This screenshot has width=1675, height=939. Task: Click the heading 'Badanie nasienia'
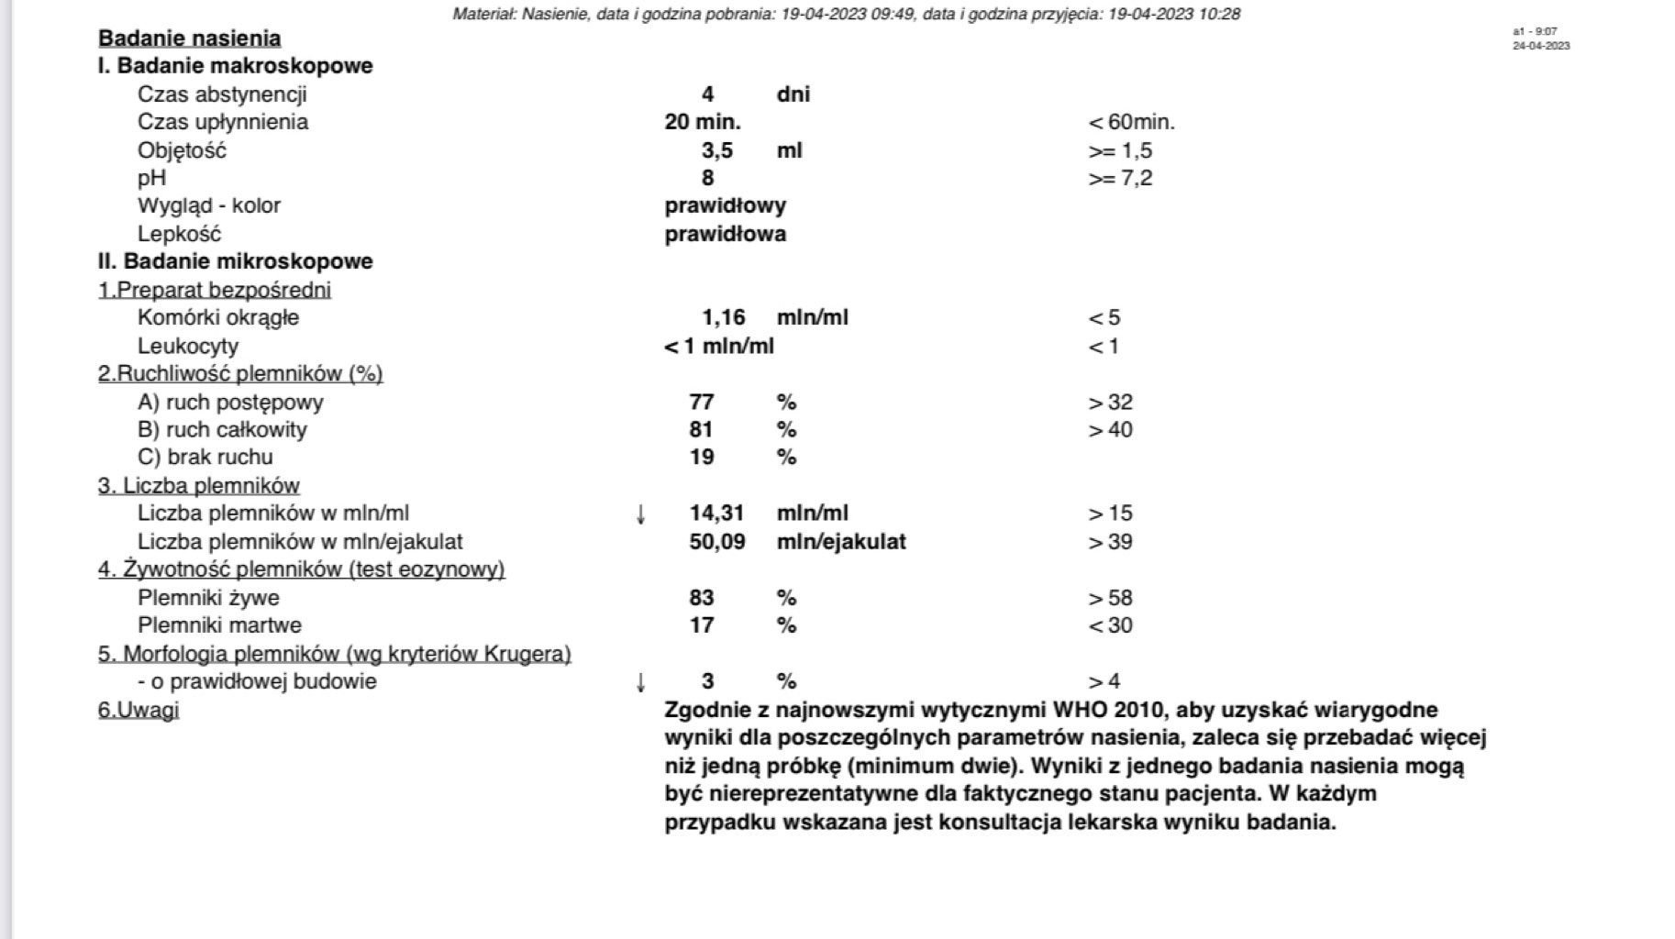pyautogui.click(x=189, y=39)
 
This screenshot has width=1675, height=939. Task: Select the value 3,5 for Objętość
pyautogui.click(x=716, y=150)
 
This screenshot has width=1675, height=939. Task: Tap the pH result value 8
pyautogui.click(x=707, y=178)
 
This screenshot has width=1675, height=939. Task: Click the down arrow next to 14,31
pyautogui.click(x=640, y=514)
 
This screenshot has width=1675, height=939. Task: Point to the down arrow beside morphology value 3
pyautogui.click(x=640, y=682)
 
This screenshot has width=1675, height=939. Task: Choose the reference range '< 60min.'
pyautogui.click(x=1131, y=122)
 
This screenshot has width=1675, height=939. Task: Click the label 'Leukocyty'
pyautogui.click(x=187, y=347)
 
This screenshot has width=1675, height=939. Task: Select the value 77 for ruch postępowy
pyautogui.click(x=702, y=403)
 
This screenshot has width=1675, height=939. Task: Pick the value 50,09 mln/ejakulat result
pyautogui.click(x=716, y=542)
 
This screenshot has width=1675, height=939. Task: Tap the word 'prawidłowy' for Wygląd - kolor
pyautogui.click(x=725, y=205)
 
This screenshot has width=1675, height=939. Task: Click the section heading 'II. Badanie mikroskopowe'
pyautogui.click(x=235, y=261)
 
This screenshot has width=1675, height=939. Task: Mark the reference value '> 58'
pyautogui.click(x=1110, y=599)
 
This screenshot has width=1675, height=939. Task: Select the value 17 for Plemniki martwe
pyautogui.click(x=702, y=625)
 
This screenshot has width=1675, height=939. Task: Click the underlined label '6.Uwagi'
pyautogui.click(x=139, y=711)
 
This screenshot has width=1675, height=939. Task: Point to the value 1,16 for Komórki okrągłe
pyautogui.click(x=723, y=317)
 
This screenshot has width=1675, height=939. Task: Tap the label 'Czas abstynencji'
pyautogui.click(x=222, y=94)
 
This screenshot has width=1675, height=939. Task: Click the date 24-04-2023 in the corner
pyautogui.click(x=1541, y=46)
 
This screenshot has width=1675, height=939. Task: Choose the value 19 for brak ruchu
pyautogui.click(x=702, y=457)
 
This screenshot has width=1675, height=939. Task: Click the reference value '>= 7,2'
pyautogui.click(x=1119, y=178)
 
